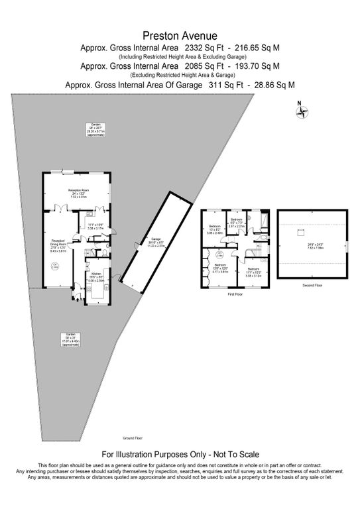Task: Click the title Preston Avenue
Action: point(180,36)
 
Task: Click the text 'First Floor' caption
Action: point(235,293)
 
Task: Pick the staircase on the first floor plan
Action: point(253,253)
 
